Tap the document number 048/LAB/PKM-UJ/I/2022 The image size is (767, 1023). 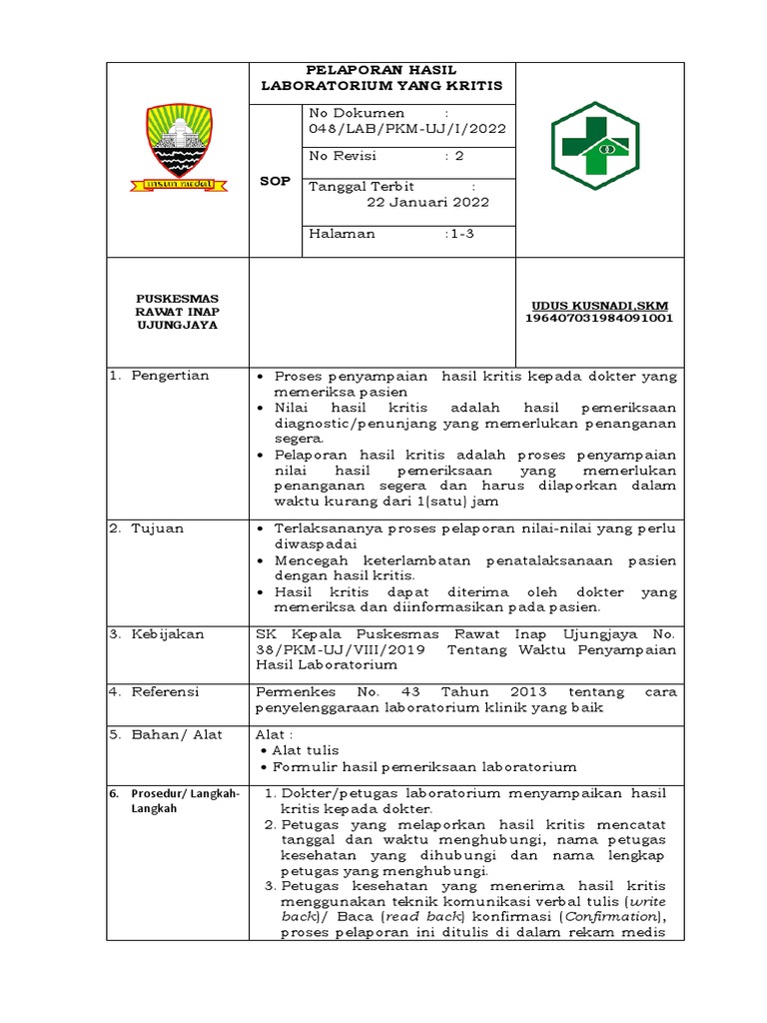point(407,129)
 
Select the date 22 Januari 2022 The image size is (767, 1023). point(428,202)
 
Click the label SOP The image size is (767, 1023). point(275,182)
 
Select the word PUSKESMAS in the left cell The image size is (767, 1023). point(178,298)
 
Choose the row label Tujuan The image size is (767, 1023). point(158,528)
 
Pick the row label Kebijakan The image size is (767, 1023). point(168,634)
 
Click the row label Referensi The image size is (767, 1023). point(166,691)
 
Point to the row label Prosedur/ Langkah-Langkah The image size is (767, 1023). point(185,800)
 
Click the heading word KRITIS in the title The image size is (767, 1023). point(471,87)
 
